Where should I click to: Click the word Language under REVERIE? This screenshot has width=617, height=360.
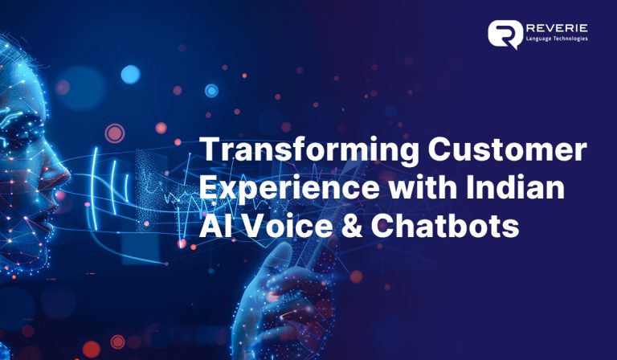[542, 39]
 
